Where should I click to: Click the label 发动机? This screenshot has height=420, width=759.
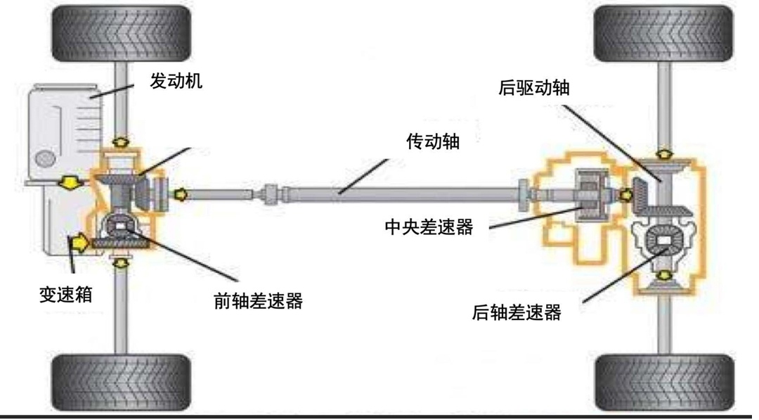(176, 81)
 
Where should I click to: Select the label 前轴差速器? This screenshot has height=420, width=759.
(258, 301)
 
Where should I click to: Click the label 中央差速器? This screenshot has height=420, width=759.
(429, 227)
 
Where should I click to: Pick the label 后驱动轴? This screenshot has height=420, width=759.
(533, 88)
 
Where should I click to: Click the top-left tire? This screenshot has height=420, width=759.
(121, 34)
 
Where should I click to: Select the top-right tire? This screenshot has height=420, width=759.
(663, 34)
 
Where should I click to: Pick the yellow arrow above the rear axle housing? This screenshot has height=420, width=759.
(663, 153)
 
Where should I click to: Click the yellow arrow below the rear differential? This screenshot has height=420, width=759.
(663, 273)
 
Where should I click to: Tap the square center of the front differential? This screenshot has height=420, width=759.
(122, 227)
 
